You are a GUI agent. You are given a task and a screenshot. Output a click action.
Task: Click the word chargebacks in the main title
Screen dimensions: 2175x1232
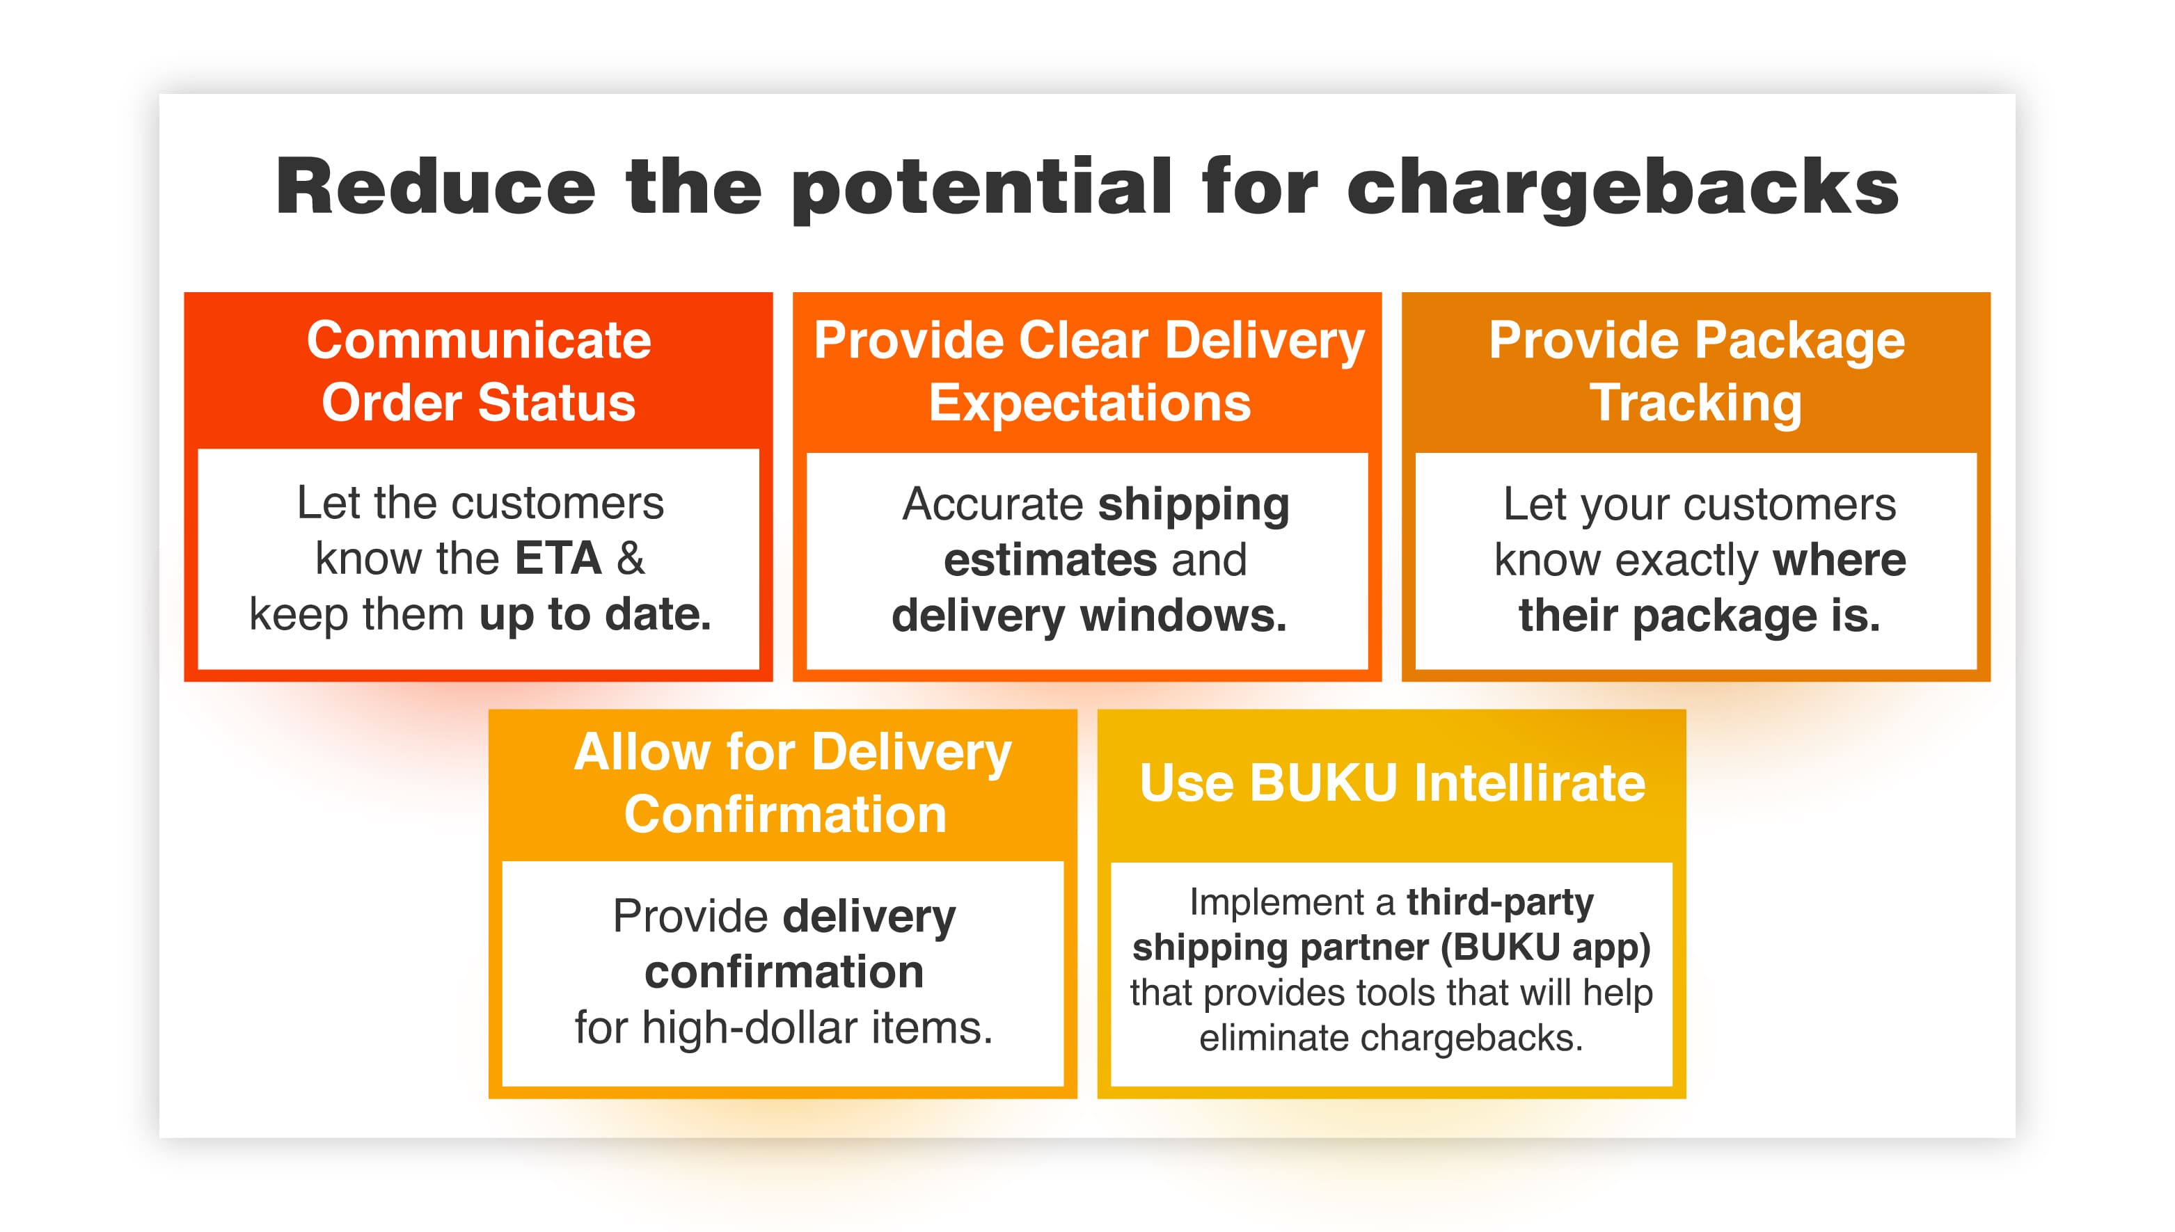[x=1623, y=189]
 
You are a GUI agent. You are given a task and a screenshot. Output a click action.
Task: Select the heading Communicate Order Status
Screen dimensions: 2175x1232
[x=478, y=371]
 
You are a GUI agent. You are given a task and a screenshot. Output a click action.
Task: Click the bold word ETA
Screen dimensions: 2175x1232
[x=557, y=559]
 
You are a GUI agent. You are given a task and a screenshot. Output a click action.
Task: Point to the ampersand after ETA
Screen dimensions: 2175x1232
[x=631, y=559]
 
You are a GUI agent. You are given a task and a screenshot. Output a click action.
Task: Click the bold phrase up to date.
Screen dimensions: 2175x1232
[x=595, y=615]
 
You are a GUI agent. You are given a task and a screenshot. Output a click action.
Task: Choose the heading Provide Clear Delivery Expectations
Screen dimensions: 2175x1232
[x=1089, y=371]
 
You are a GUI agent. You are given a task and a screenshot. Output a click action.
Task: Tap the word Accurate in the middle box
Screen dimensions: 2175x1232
[x=992, y=504]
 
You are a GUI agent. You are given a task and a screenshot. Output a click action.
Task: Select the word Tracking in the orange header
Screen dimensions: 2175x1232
[x=1696, y=403]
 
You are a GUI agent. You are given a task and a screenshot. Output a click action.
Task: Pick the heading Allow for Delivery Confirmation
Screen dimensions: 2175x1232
[x=792, y=783]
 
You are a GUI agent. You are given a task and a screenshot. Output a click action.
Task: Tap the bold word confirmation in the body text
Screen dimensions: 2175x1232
[x=784, y=971]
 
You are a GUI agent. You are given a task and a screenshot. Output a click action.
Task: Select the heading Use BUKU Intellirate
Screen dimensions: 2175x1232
[x=1392, y=783]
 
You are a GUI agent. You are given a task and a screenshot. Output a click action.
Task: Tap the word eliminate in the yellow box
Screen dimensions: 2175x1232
[x=1274, y=1038]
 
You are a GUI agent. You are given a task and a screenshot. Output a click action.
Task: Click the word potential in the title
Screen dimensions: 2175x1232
[x=982, y=189]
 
